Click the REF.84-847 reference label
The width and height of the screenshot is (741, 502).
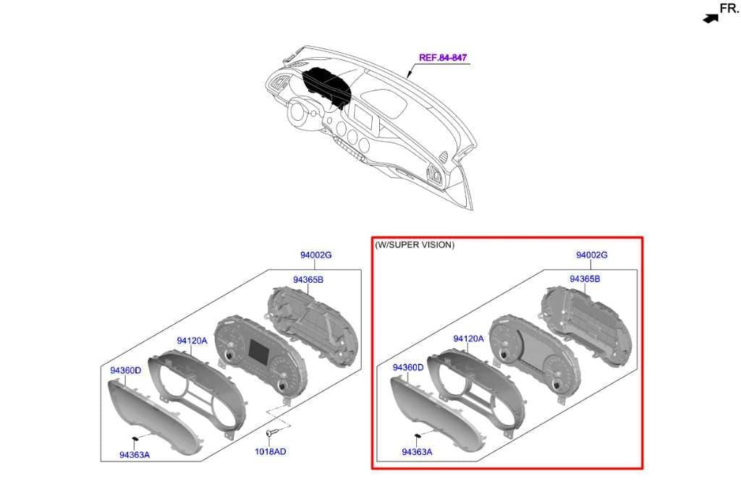tap(443, 58)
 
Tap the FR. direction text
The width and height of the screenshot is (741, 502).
tap(729, 8)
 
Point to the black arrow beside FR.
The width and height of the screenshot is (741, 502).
tap(711, 18)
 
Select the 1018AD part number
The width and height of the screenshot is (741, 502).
tap(271, 451)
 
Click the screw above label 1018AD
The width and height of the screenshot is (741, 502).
tap(270, 433)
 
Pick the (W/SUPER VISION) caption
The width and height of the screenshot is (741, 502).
tap(415, 244)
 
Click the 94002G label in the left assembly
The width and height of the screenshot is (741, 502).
tap(316, 255)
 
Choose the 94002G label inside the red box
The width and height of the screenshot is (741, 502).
tap(592, 255)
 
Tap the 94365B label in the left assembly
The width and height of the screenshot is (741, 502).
tap(308, 279)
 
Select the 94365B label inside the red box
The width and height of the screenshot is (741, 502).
tap(585, 278)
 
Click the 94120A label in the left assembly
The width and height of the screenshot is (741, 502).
tap(192, 341)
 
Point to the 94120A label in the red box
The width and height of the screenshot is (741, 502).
tap(468, 339)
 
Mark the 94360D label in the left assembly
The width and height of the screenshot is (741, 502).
tap(126, 370)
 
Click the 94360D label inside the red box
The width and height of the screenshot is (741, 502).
tap(408, 367)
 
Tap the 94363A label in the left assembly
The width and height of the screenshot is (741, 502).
tap(135, 455)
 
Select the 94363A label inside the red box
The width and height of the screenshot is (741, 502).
tap(417, 452)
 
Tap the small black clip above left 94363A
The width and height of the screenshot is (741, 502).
tap(135, 439)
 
